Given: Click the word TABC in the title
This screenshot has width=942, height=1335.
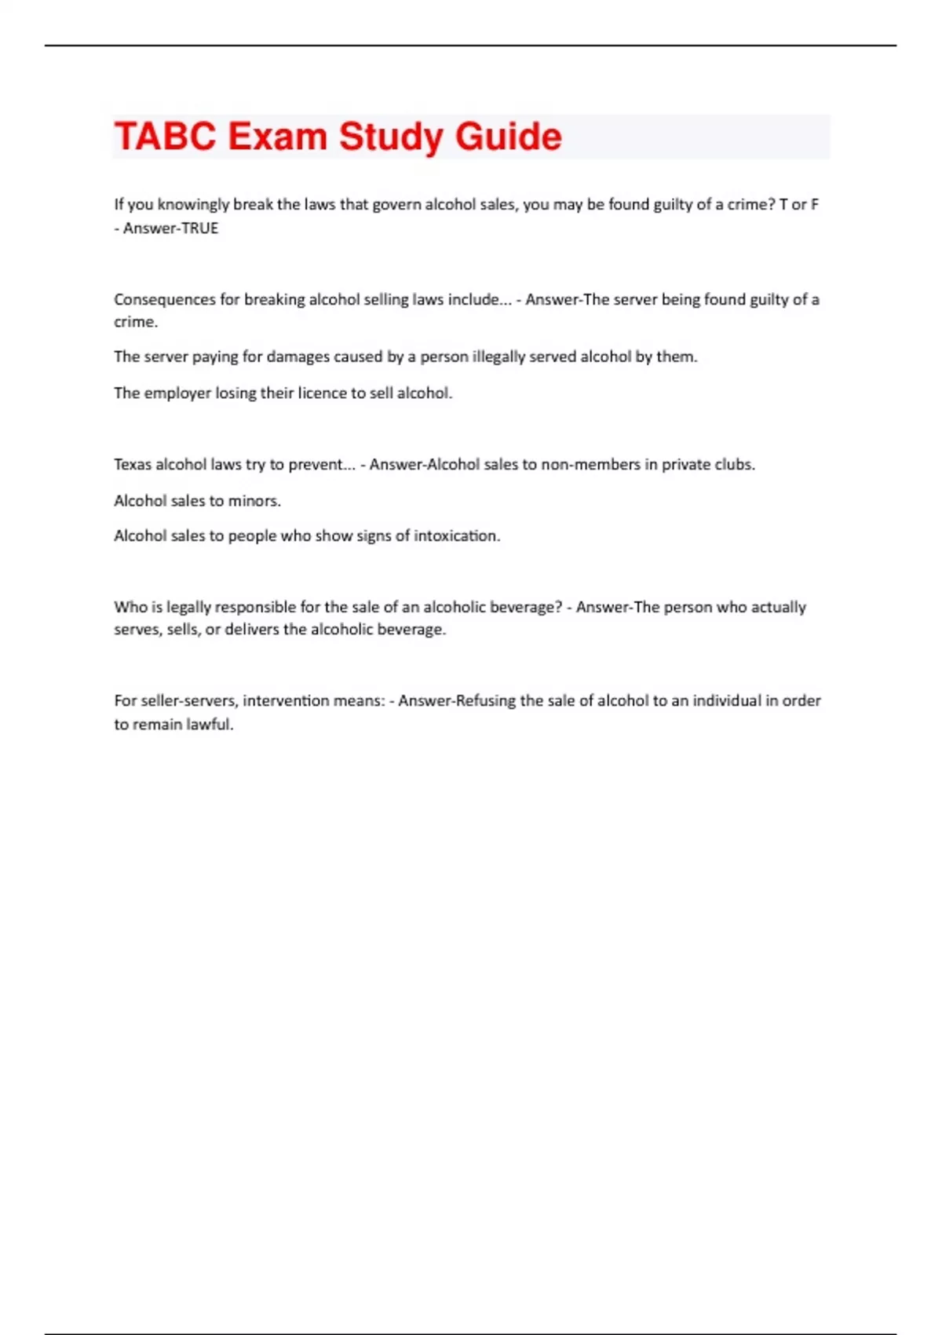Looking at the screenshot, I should click(165, 137).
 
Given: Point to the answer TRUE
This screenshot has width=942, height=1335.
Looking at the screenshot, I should click(199, 229).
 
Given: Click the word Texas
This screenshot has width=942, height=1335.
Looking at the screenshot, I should click(133, 464).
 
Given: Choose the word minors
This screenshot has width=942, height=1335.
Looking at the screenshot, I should click(254, 500).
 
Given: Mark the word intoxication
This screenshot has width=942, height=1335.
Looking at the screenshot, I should click(456, 536).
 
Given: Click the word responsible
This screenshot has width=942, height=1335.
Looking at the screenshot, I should click(255, 607).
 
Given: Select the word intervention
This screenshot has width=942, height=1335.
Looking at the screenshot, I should click(286, 700).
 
